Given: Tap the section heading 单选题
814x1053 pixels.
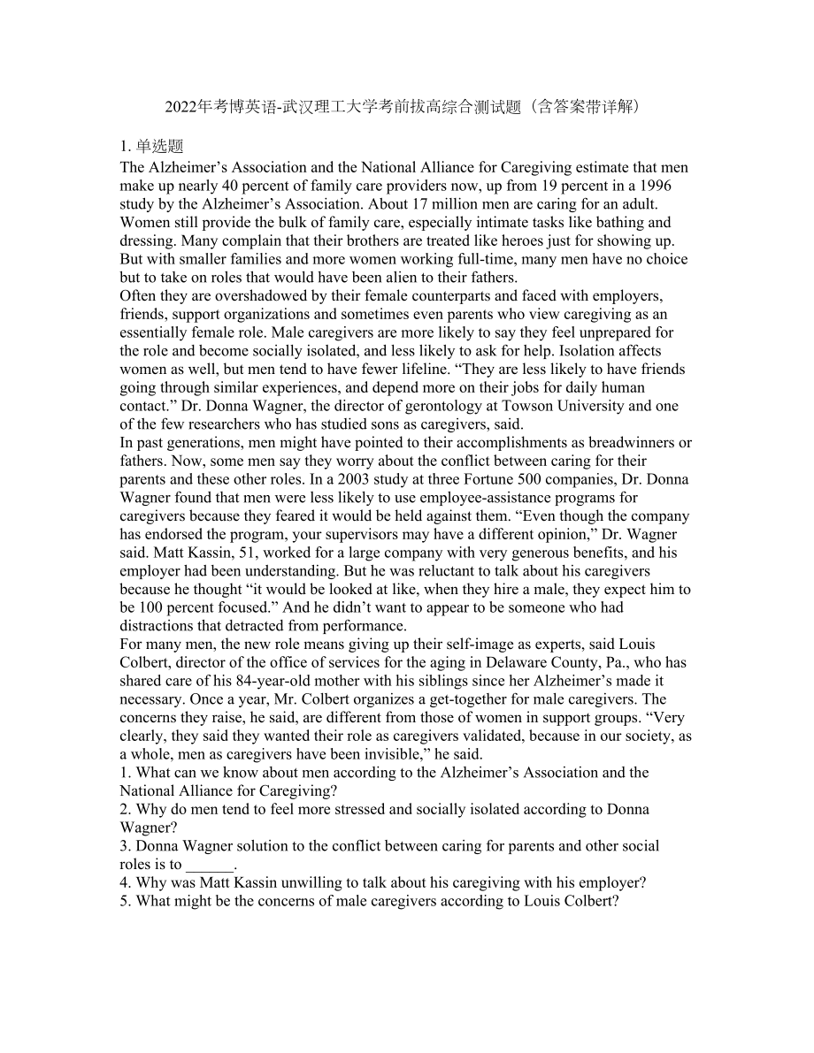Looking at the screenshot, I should tap(159, 147).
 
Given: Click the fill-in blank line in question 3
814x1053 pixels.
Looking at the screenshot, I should tap(210, 865).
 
